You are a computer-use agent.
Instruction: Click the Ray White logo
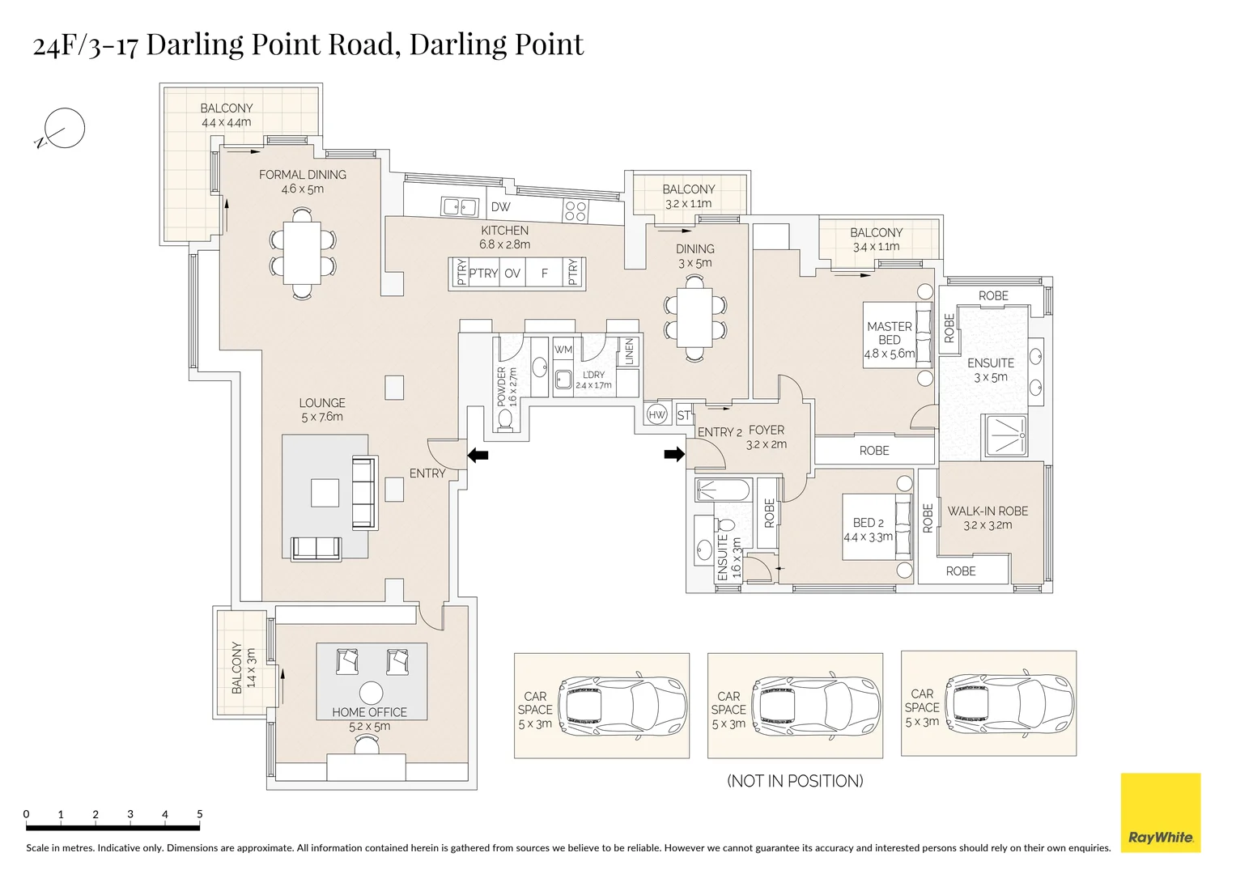pyautogui.click(x=1161, y=812)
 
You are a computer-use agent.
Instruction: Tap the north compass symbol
pyautogui.click(x=61, y=129)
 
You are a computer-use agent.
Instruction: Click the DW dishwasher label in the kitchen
pyautogui.click(x=500, y=207)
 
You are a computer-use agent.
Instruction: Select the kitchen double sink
pyautogui.click(x=460, y=207)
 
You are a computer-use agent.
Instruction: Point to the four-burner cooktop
pyautogui.click(x=576, y=210)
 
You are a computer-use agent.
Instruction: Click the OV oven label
pyautogui.click(x=512, y=274)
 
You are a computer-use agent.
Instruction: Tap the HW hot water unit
pyautogui.click(x=656, y=414)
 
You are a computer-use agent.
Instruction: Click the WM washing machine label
pyautogui.click(x=563, y=350)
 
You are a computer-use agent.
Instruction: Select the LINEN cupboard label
pyautogui.click(x=629, y=351)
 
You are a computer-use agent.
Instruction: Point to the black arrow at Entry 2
pyautogui.click(x=674, y=454)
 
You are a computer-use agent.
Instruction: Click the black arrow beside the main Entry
pyautogui.click(x=478, y=455)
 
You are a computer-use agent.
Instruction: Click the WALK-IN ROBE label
pyautogui.click(x=988, y=511)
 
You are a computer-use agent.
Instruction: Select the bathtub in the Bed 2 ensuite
pyautogui.click(x=723, y=490)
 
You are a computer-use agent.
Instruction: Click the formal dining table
pyautogui.click(x=302, y=252)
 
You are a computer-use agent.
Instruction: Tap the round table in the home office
pyautogui.click(x=371, y=694)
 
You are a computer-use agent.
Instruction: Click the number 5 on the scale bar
pyautogui.click(x=200, y=814)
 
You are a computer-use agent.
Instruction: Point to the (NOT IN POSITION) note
pyautogui.click(x=795, y=781)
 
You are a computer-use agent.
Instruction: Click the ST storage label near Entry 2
pyautogui.click(x=684, y=415)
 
